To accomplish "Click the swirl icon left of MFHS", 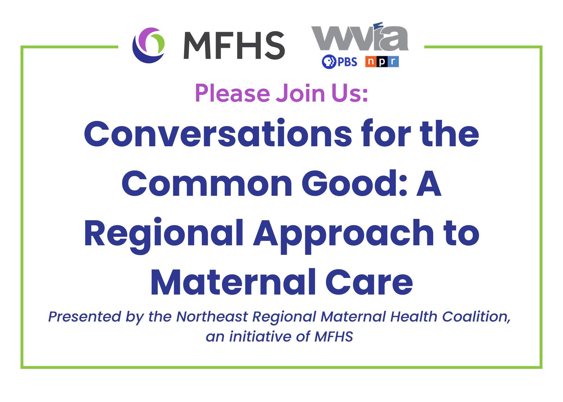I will pos(149,45).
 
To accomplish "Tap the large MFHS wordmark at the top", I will pos(234,46).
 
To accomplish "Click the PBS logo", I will pos(339,62).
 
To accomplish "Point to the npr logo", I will pos(382,62).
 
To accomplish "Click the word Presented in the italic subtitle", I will pos(84,317).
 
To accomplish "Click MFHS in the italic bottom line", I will pos(333,337).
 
